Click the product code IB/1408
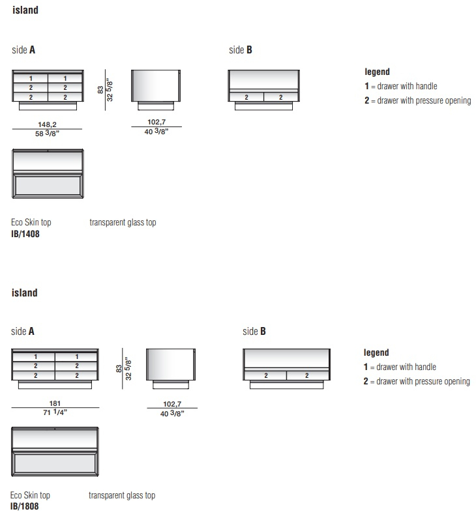pyautogui.click(x=25, y=234)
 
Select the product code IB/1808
pyautogui.click(x=24, y=506)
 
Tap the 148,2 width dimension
pyautogui.click(x=47, y=124)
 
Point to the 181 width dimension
pyautogui.click(x=55, y=403)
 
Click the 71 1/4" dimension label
pyautogui.click(x=55, y=412)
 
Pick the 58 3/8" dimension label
pyautogui.click(x=47, y=134)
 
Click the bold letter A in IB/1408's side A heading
pyautogui.click(x=32, y=50)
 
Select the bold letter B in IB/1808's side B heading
pyautogui.click(x=263, y=331)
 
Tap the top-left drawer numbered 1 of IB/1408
pyautogui.click(x=31, y=78)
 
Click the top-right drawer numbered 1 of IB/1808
pyautogui.click(x=76, y=357)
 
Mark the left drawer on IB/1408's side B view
pyautogui.click(x=246, y=97)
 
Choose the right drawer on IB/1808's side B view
pyautogui.click(x=307, y=375)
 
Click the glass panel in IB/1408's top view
pyautogui.click(x=48, y=186)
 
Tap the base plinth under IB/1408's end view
pyautogui.click(x=155, y=106)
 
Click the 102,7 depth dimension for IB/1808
pyautogui.click(x=172, y=404)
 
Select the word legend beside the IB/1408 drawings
pyautogui.click(x=377, y=72)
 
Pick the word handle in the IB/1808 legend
pyautogui.click(x=426, y=367)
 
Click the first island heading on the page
pyautogui.click(x=25, y=10)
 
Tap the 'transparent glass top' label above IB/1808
pyautogui.click(x=122, y=495)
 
